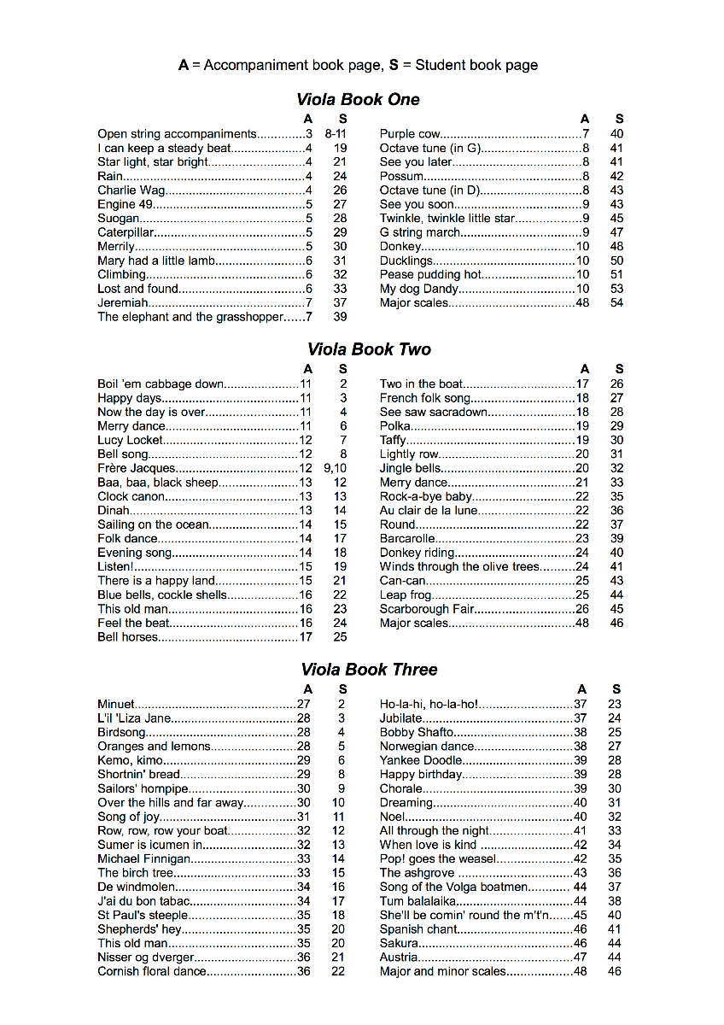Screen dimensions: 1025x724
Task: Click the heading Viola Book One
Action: (x=359, y=100)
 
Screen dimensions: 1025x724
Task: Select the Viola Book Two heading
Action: (x=369, y=349)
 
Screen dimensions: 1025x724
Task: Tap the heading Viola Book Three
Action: (x=369, y=670)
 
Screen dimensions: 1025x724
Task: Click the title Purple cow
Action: (x=410, y=134)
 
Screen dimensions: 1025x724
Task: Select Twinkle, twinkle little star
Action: (x=447, y=219)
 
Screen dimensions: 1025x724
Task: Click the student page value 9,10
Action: (x=336, y=468)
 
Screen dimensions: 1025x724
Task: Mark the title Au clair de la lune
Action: (x=429, y=511)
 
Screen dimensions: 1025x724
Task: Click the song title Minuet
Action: (x=116, y=705)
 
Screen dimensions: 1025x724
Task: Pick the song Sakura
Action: (x=399, y=943)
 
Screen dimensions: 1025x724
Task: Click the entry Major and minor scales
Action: (x=442, y=971)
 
